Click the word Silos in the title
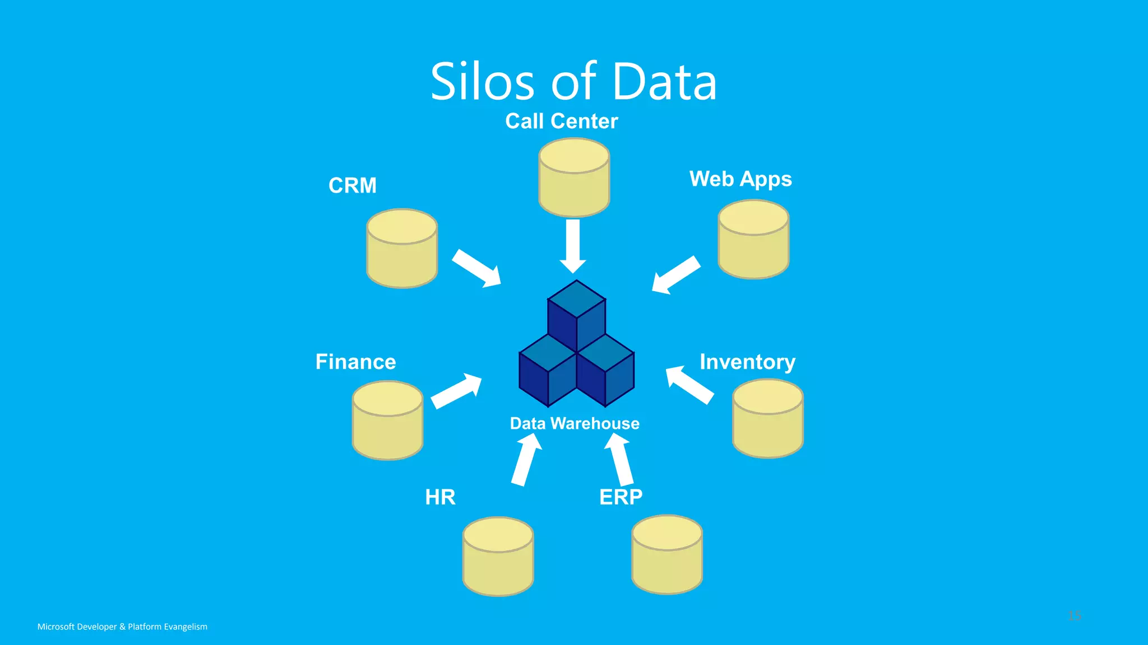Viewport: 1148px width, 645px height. tap(482, 82)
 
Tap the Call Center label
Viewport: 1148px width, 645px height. tap(561, 121)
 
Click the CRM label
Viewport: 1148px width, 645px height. tap(352, 185)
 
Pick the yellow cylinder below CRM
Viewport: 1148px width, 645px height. tap(402, 250)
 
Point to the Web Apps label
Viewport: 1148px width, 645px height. tap(740, 179)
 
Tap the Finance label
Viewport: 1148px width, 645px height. tap(355, 362)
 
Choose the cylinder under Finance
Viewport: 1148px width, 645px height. tap(387, 422)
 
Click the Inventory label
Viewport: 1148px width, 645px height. tap(747, 362)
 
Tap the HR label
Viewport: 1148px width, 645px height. tap(440, 497)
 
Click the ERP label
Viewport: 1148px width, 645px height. tap(621, 497)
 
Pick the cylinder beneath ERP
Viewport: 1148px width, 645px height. tap(667, 555)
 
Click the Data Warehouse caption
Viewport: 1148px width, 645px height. tap(574, 424)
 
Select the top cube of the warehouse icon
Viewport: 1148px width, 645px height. tap(576, 314)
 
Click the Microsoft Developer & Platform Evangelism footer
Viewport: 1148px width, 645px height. tap(122, 627)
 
